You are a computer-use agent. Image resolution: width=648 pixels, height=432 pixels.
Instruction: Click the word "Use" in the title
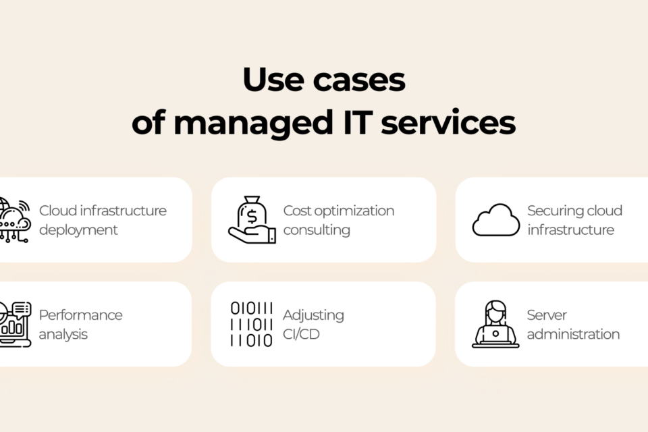(x=273, y=79)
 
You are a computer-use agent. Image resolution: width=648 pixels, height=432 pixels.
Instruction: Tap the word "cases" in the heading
(x=359, y=80)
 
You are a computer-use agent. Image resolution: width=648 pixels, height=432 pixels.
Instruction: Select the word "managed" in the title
(x=253, y=123)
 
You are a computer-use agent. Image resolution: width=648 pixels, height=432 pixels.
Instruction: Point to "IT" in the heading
(x=358, y=122)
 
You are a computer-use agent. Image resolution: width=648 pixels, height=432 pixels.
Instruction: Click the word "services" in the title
(x=448, y=122)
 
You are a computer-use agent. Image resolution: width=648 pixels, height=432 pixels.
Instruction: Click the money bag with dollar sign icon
(x=252, y=219)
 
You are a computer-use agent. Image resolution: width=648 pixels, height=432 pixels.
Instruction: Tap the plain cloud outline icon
(x=496, y=219)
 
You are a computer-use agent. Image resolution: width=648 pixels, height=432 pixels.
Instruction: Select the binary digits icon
(x=251, y=324)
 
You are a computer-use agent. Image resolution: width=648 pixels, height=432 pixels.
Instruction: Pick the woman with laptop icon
(x=495, y=324)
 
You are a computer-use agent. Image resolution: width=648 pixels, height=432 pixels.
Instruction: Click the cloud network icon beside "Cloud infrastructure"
(x=15, y=219)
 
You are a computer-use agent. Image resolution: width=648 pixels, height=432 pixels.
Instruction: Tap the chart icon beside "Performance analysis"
(x=16, y=324)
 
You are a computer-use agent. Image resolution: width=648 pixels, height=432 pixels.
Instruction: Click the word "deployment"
(x=78, y=230)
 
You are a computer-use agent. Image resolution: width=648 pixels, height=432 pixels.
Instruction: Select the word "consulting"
(x=317, y=230)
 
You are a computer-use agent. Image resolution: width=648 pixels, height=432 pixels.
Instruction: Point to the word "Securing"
(x=556, y=211)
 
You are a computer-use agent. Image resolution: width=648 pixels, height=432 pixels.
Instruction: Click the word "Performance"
(x=80, y=315)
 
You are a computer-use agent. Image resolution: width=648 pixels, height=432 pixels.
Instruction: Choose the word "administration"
(x=573, y=334)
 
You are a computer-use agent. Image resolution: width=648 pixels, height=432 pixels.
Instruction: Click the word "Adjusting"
(x=313, y=315)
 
